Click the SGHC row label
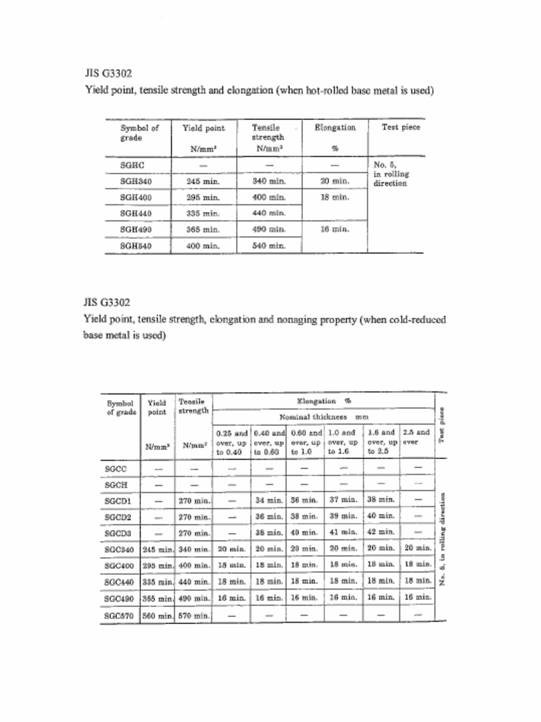click(x=132, y=165)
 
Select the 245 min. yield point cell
click(x=203, y=181)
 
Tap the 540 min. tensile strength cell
click(x=268, y=246)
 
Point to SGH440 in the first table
click(x=136, y=213)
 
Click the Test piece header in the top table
click(x=400, y=128)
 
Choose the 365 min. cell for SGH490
click(x=203, y=230)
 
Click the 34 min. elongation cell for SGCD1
click(x=268, y=501)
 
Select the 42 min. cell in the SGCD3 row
click(x=381, y=532)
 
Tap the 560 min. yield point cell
click(x=158, y=616)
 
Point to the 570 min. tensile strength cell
click(x=193, y=616)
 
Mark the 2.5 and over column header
click(x=416, y=437)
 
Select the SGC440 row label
click(x=119, y=582)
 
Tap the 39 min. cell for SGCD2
click(x=343, y=516)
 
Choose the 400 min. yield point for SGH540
click(x=203, y=246)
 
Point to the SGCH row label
click(x=116, y=485)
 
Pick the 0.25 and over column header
click(x=230, y=442)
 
